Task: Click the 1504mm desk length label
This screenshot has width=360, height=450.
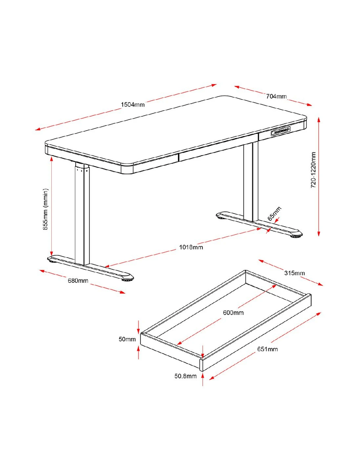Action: [133, 104]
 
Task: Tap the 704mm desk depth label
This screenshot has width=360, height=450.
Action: [276, 97]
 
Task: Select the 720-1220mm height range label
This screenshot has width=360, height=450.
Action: [313, 170]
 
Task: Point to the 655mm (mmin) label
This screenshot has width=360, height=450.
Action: [45, 209]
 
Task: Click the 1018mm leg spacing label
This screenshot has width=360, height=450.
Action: [191, 247]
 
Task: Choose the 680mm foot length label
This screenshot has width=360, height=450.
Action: [78, 280]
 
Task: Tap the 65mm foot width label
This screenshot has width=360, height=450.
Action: [275, 213]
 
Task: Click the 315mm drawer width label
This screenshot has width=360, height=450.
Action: [294, 273]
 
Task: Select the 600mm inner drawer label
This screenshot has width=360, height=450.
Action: [233, 313]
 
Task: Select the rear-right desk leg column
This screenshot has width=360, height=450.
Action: [251, 182]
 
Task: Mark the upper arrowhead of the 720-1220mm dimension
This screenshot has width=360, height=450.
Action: [319, 120]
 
